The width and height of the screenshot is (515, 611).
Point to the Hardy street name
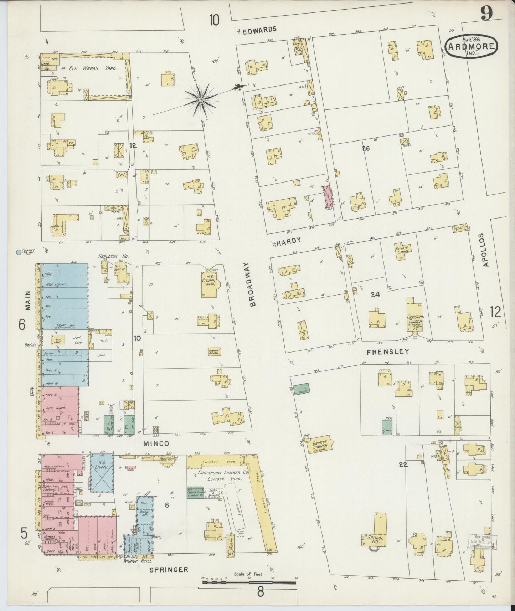pyautogui.click(x=289, y=241)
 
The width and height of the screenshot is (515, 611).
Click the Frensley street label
pyautogui.click(x=388, y=351)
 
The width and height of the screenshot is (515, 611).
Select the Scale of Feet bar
pyautogui.click(x=249, y=582)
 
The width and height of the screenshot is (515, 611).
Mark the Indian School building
pyautogui.click(x=214, y=352)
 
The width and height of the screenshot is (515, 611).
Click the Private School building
pyautogui.click(x=403, y=249)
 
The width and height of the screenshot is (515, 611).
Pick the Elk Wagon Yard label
pyautogui.click(x=93, y=68)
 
